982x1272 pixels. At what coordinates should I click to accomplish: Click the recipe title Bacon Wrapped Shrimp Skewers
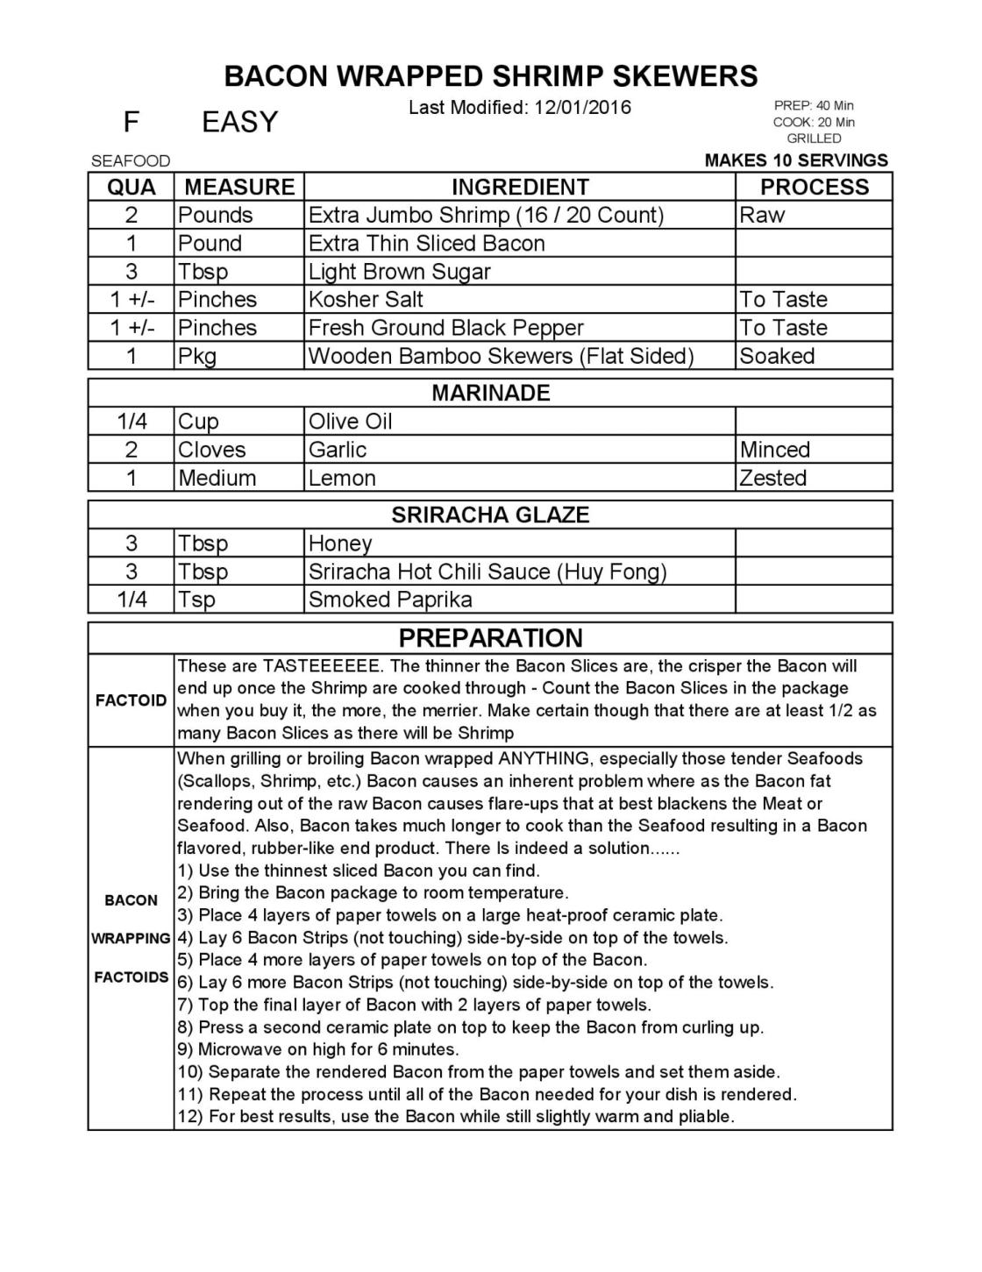pos(491,76)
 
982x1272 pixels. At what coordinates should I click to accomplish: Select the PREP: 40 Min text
pos(814,105)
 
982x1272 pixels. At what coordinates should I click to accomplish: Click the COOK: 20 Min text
pos(814,122)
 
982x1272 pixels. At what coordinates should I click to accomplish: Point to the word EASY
pos(239,122)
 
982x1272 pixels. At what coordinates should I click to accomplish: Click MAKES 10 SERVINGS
pos(796,160)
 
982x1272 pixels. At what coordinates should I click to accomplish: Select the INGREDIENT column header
pos(519,187)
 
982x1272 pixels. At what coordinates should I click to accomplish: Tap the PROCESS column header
pos(814,187)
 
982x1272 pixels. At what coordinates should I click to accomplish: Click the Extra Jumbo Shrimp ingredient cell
pos(486,215)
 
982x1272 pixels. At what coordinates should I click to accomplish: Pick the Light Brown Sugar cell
pos(399,272)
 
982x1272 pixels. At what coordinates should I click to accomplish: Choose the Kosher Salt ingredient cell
pos(366,300)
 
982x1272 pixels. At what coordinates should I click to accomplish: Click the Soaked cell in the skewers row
pos(777,356)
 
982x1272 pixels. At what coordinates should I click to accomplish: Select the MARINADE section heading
pos(491,393)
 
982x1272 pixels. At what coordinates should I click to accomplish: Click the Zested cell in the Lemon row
pos(772,478)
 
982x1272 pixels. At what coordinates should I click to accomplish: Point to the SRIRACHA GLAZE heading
pos(490,515)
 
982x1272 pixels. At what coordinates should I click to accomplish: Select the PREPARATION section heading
pos(490,637)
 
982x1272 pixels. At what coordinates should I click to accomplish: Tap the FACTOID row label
pos(131,700)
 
